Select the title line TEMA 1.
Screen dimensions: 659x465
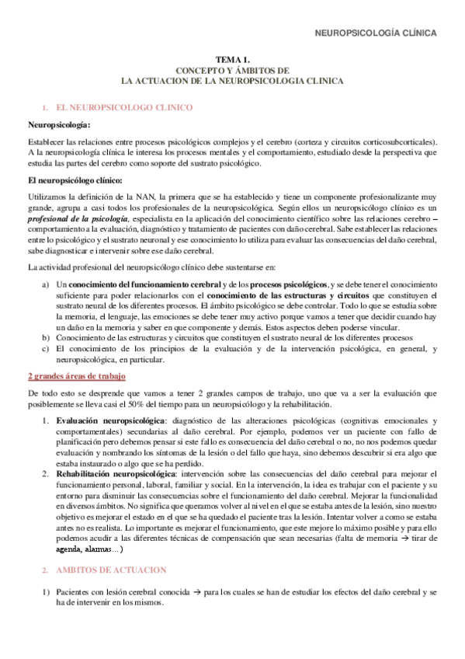click(232, 59)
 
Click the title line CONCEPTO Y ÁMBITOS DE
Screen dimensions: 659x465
click(232, 69)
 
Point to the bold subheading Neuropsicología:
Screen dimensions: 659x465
click(58, 124)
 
